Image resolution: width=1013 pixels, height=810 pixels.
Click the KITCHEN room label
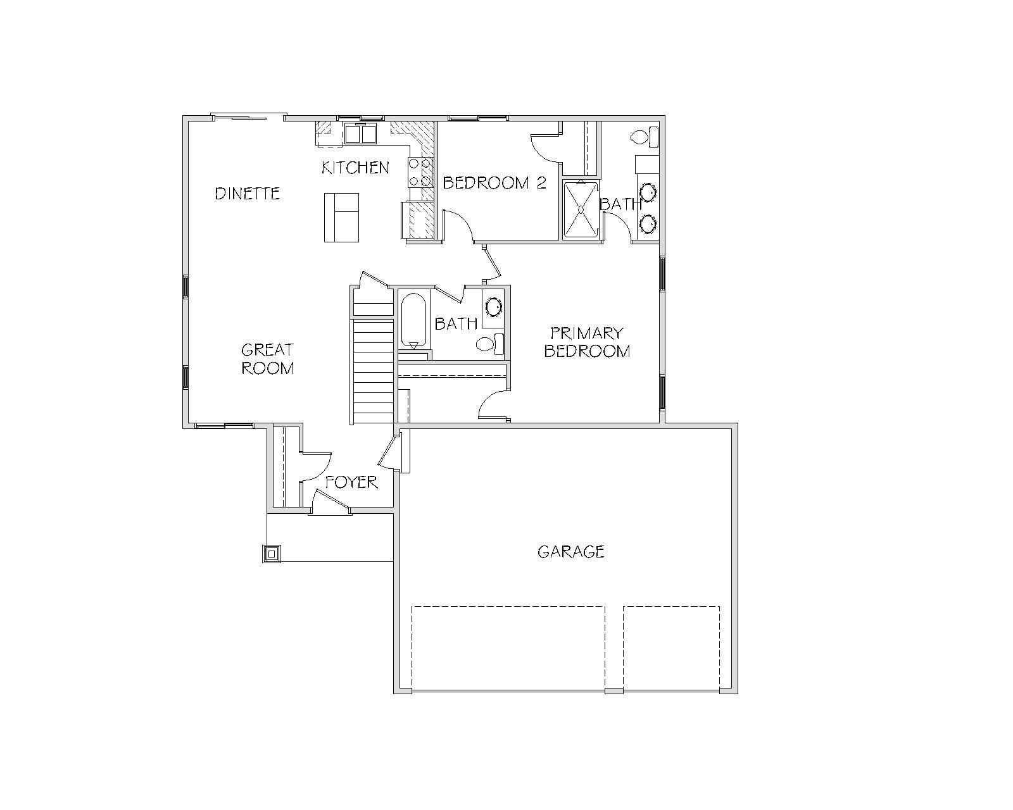(x=355, y=168)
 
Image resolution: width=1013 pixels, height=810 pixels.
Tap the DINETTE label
(x=247, y=194)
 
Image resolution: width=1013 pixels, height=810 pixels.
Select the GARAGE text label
(x=571, y=552)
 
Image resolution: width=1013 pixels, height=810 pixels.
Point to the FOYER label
(x=351, y=482)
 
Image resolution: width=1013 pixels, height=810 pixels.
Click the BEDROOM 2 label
(x=494, y=183)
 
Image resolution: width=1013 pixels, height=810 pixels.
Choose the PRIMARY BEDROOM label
(x=587, y=342)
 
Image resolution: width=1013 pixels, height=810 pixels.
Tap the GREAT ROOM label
(x=267, y=359)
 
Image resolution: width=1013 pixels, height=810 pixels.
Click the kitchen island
(x=341, y=218)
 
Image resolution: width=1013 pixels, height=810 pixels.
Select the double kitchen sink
(x=361, y=134)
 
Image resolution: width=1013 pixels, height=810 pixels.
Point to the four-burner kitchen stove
(x=420, y=172)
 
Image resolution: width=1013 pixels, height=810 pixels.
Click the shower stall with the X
(x=581, y=209)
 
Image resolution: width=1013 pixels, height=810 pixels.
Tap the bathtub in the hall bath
(x=413, y=320)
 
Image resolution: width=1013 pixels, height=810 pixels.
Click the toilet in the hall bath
(x=490, y=344)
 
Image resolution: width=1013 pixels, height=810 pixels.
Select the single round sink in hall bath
(x=493, y=307)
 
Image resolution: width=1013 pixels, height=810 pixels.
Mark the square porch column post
(x=272, y=554)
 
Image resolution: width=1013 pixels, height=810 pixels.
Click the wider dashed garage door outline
(x=508, y=648)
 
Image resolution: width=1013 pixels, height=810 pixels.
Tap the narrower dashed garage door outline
(x=671, y=648)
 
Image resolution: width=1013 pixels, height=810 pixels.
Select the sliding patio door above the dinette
(x=249, y=117)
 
